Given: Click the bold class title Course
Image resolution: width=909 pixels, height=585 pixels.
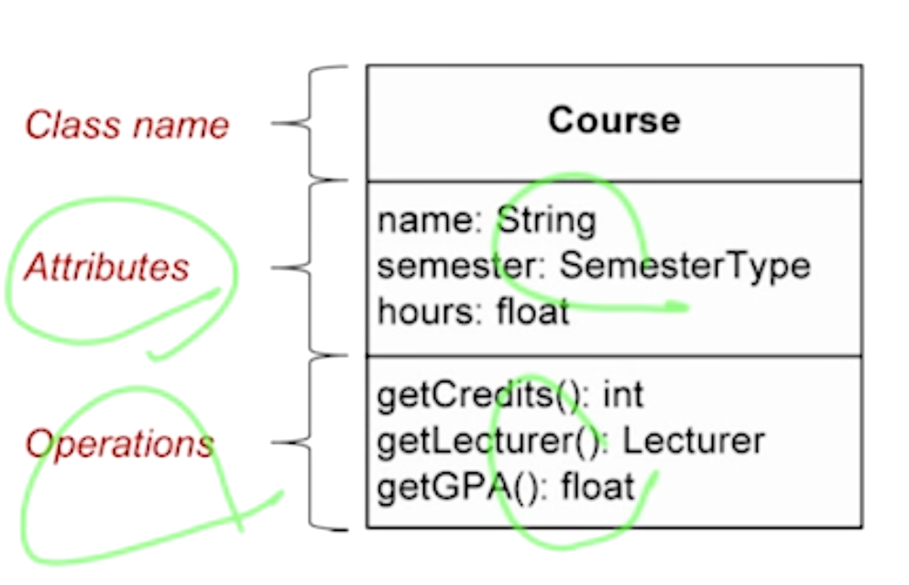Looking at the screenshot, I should (614, 120).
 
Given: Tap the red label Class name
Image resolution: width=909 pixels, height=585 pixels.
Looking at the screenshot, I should (126, 125).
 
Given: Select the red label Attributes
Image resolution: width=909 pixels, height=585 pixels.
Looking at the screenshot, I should (106, 267).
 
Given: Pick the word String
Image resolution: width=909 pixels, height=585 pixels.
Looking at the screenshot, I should (546, 221).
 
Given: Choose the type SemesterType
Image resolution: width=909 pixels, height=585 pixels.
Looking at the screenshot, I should (684, 266).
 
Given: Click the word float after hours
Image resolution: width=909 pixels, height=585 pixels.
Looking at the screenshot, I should (532, 312).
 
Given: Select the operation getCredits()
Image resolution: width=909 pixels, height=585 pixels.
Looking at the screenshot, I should (479, 395).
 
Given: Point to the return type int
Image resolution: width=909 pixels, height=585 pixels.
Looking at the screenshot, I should (623, 395).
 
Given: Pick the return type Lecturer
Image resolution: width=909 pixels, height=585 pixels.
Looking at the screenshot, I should (694, 441).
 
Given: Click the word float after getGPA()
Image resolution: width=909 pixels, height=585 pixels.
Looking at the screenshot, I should (597, 486).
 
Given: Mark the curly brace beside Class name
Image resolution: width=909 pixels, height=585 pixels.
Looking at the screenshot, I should (312, 123).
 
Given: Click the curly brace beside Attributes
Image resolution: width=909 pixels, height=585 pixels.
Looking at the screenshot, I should (312, 268).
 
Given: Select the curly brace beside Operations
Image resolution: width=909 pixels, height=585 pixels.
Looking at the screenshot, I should (312, 443).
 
